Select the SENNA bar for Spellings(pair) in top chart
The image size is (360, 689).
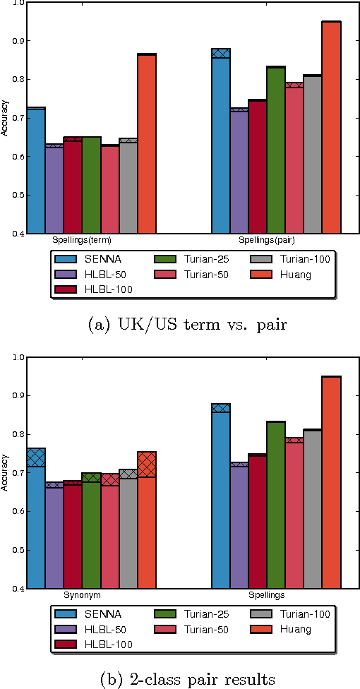click(x=221, y=141)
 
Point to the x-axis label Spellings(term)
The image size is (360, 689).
click(x=83, y=240)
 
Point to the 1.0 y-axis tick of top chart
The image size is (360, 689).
click(x=16, y=3)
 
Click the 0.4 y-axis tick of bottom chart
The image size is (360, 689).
click(x=16, y=588)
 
